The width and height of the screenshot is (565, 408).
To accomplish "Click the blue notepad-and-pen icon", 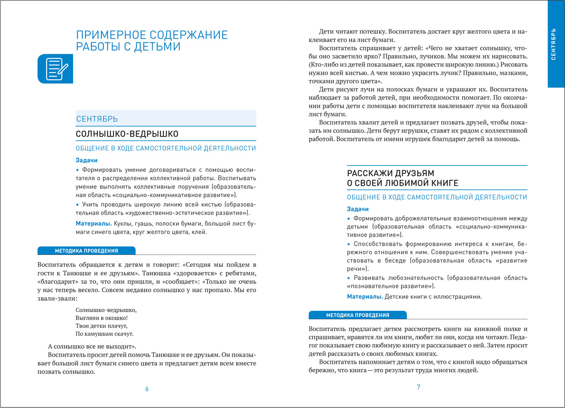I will (55, 69).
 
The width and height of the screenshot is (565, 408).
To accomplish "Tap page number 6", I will (147, 389).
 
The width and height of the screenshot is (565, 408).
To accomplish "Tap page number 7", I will (418, 387).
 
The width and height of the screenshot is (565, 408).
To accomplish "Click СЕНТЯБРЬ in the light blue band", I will (97, 119).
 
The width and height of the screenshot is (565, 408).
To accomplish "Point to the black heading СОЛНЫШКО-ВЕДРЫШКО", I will (127, 134).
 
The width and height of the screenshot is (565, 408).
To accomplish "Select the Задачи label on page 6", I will (86, 160).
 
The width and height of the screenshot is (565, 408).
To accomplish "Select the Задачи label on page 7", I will (357, 209).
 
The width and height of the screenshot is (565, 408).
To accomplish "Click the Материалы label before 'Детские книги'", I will (365, 297).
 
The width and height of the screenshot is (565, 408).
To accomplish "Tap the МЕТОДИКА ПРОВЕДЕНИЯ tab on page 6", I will (86, 251).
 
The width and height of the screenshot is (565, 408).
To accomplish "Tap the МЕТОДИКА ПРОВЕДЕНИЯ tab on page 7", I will (357, 315).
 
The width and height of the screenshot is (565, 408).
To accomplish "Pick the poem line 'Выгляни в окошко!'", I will (101, 318).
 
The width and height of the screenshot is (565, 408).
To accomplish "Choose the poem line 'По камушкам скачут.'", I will (104, 334).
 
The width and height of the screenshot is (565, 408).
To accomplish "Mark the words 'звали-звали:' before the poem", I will (57, 298).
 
